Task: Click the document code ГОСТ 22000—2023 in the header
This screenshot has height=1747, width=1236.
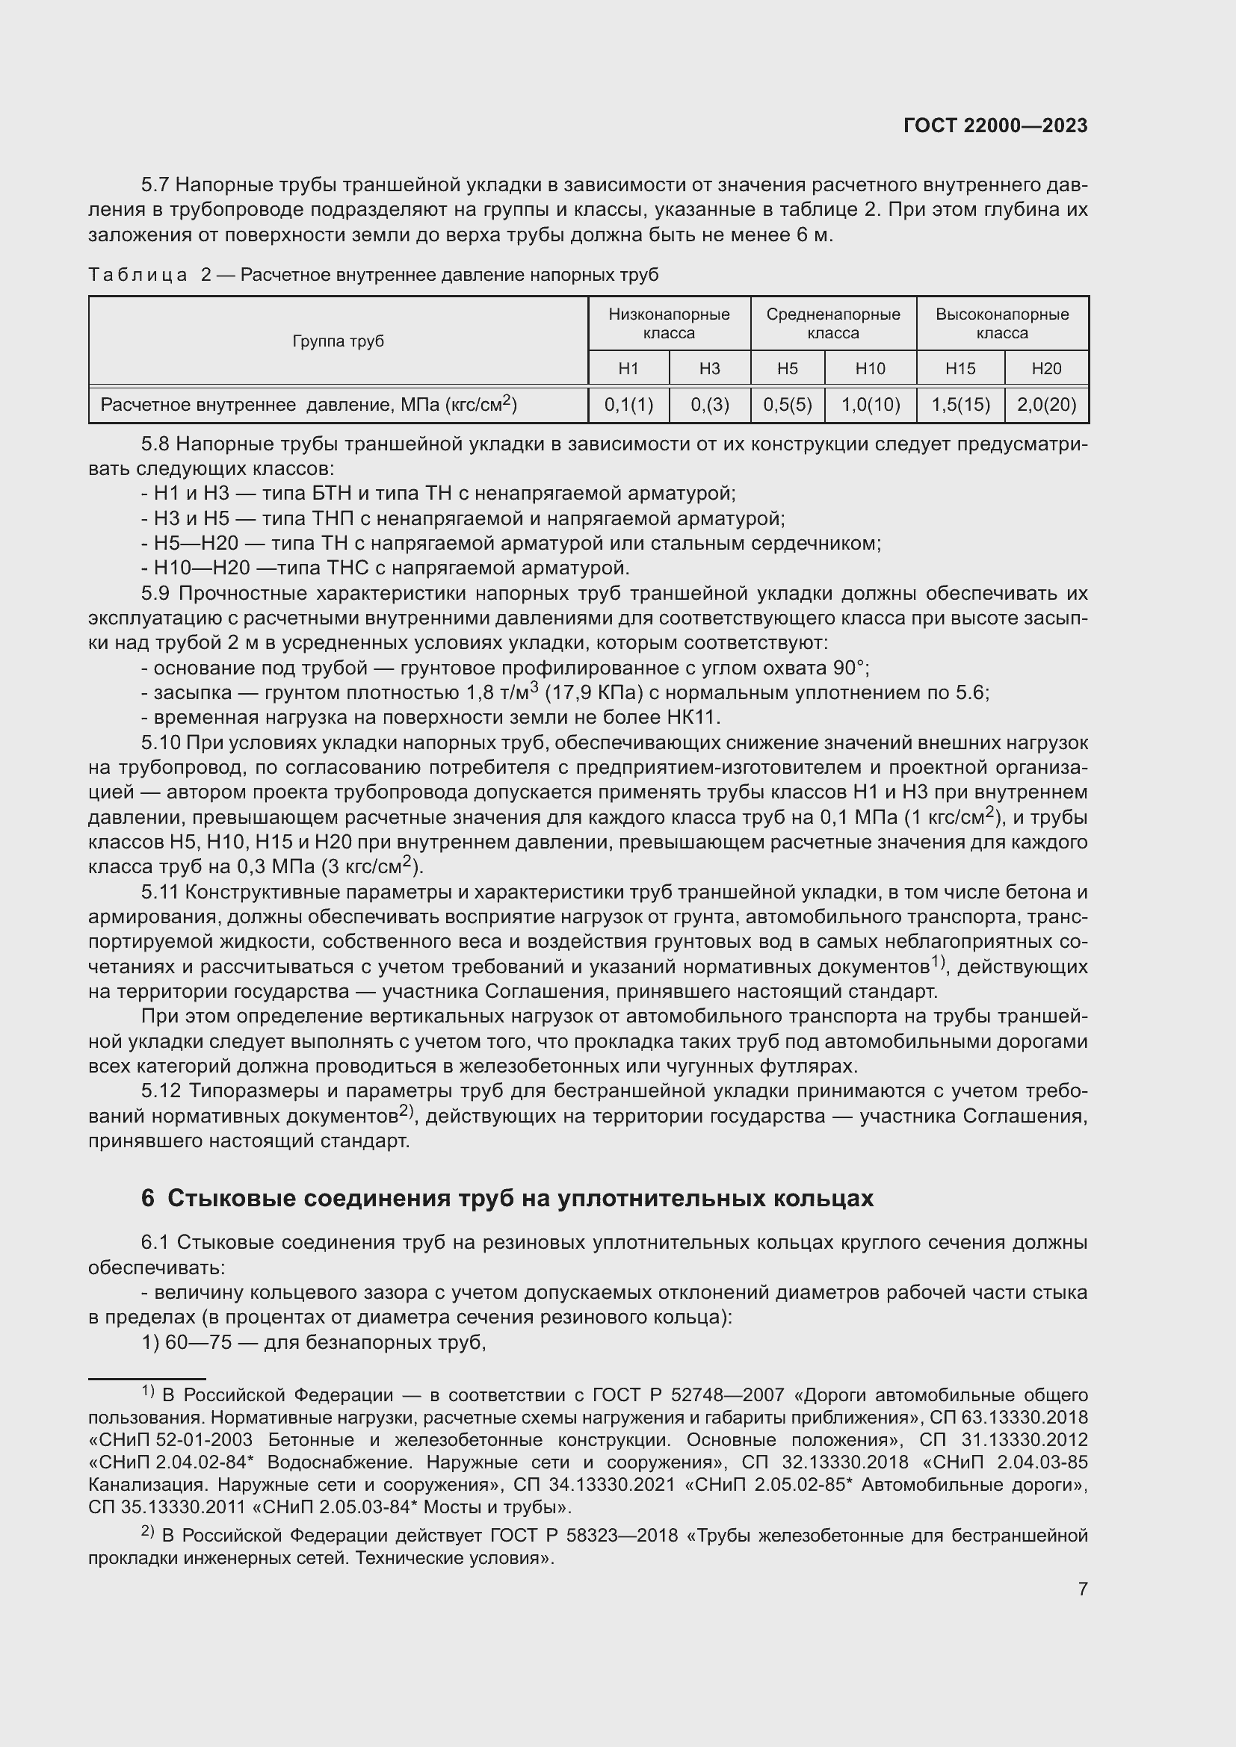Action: [995, 126]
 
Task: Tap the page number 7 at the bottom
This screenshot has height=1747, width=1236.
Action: [1082, 1589]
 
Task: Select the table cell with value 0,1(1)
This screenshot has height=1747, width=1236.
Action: [628, 405]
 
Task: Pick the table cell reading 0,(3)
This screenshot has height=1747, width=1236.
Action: [709, 405]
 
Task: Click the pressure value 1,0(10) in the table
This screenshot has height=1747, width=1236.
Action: [870, 405]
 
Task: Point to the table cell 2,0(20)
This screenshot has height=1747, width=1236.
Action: [1045, 405]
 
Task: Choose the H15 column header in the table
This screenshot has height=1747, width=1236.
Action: [960, 368]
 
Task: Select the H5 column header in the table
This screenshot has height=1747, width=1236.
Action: [787, 368]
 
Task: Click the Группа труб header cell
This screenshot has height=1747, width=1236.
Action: [338, 341]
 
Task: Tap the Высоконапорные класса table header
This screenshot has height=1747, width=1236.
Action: [1001, 323]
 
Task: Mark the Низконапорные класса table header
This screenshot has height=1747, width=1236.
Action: [668, 323]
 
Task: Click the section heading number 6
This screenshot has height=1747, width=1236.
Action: [148, 1198]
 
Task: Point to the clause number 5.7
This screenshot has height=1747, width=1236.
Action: [156, 185]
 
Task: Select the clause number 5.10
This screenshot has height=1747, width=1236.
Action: [161, 742]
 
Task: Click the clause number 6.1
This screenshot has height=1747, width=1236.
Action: [156, 1243]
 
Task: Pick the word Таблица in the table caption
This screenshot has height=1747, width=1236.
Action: [137, 275]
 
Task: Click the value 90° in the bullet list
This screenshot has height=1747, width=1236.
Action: [850, 668]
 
